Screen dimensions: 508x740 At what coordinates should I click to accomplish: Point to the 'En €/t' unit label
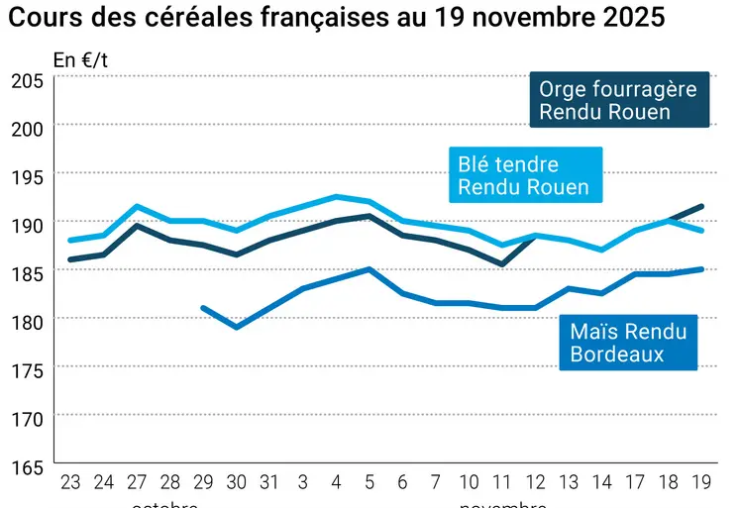[81, 59]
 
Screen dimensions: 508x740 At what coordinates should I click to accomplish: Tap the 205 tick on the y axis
[26, 80]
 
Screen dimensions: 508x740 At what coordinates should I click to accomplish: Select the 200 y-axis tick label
[26, 128]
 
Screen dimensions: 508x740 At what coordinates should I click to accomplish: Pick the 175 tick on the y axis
[26, 369]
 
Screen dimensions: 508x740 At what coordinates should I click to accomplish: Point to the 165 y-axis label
[26, 465]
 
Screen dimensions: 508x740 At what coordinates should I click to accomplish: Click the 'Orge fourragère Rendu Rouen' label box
[618, 100]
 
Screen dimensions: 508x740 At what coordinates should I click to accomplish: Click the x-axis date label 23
[70, 484]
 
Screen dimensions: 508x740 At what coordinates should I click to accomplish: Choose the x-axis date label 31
[269, 484]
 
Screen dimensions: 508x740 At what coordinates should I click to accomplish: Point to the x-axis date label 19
[702, 484]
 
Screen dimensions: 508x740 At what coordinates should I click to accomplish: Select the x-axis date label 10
[470, 484]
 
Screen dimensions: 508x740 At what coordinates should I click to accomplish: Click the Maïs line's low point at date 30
[236, 327]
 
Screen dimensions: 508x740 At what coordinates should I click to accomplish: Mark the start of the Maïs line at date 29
[203, 308]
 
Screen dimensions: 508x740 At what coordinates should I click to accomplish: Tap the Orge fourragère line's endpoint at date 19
[702, 206]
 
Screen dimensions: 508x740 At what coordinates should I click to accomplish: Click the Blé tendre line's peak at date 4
[336, 196]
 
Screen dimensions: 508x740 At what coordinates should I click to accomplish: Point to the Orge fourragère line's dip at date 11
[502, 264]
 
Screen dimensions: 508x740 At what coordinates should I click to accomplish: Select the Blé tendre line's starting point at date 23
[69, 240]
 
